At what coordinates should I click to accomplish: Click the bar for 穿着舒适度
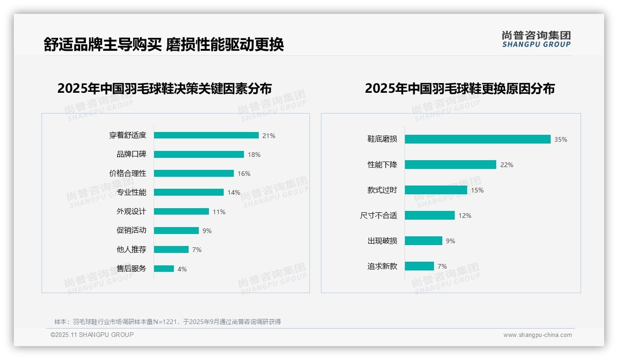[x=206, y=135]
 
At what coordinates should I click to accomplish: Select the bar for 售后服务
[x=164, y=269]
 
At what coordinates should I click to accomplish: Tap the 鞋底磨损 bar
[x=477, y=139]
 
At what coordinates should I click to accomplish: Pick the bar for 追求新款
[x=419, y=266]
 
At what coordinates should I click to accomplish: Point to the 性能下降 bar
[x=450, y=164]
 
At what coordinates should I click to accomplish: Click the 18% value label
[x=254, y=155]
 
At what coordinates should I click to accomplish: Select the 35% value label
[x=561, y=139]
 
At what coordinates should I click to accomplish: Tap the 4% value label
[x=182, y=269]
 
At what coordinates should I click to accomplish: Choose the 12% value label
[x=465, y=216]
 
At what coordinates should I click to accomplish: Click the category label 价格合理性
[x=128, y=174]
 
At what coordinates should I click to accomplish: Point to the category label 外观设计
[x=131, y=211]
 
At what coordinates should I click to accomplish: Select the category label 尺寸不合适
[x=379, y=216]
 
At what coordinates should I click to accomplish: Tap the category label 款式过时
[x=382, y=190]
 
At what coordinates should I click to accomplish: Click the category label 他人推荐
[x=131, y=250]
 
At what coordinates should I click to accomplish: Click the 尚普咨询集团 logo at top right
[x=536, y=39]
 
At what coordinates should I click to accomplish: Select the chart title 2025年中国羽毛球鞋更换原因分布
[x=460, y=88]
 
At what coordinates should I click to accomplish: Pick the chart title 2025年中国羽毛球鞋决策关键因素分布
[x=165, y=88]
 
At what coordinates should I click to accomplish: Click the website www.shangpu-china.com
[x=537, y=335]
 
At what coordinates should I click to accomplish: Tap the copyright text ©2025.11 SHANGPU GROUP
[x=92, y=335]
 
